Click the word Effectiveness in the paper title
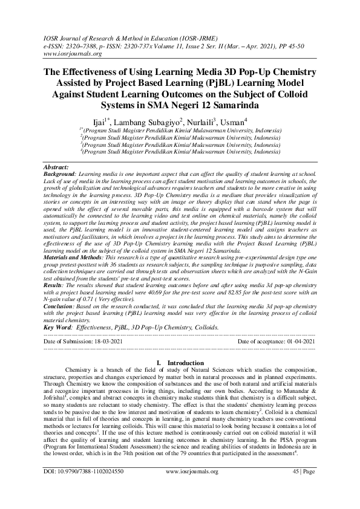click(x=99, y=71)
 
